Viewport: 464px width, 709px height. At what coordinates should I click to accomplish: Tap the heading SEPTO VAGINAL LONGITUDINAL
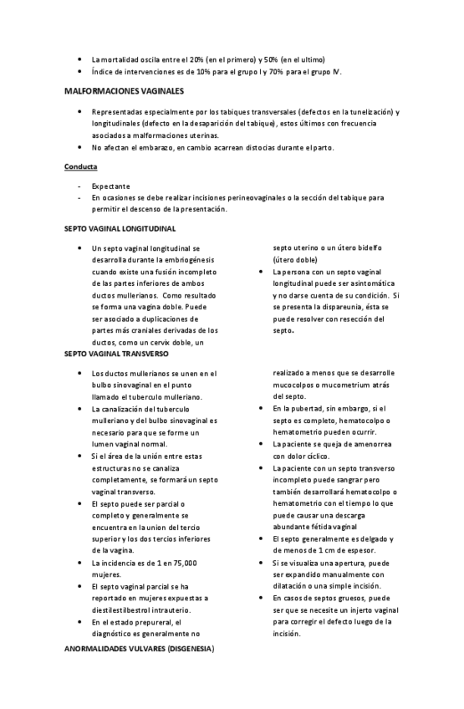click(120, 227)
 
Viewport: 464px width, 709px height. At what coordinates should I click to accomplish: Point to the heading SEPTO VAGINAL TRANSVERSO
click(116, 354)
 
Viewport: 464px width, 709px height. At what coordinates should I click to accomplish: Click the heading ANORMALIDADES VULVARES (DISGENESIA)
click(139, 649)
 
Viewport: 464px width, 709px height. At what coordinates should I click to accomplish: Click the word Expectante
click(110, 186)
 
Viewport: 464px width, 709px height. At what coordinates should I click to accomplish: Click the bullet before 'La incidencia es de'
click(78, 563)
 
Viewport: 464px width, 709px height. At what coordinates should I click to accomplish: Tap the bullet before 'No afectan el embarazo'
click(78, 147)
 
